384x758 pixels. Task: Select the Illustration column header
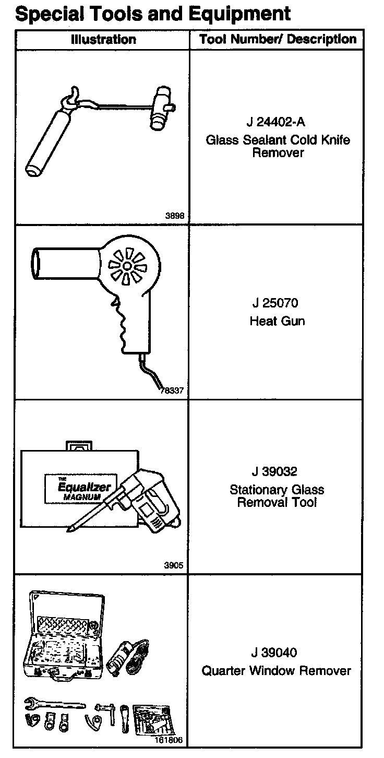(x=103, y=40)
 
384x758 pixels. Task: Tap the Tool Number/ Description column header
(x=278, y=40)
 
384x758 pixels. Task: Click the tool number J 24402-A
(x=277, y=123)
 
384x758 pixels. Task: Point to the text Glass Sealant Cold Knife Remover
(x=278, y=146)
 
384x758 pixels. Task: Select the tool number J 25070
(x=277, y=303)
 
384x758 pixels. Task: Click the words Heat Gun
(x=277, y=321)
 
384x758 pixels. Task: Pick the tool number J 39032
(x=277, y=472)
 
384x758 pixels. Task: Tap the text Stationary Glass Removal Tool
(x=277, y=496)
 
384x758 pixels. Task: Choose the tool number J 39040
(x=277, y=653)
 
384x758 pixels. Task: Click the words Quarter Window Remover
(x=277, y=670)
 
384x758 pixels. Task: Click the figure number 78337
(x=173, y=390)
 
